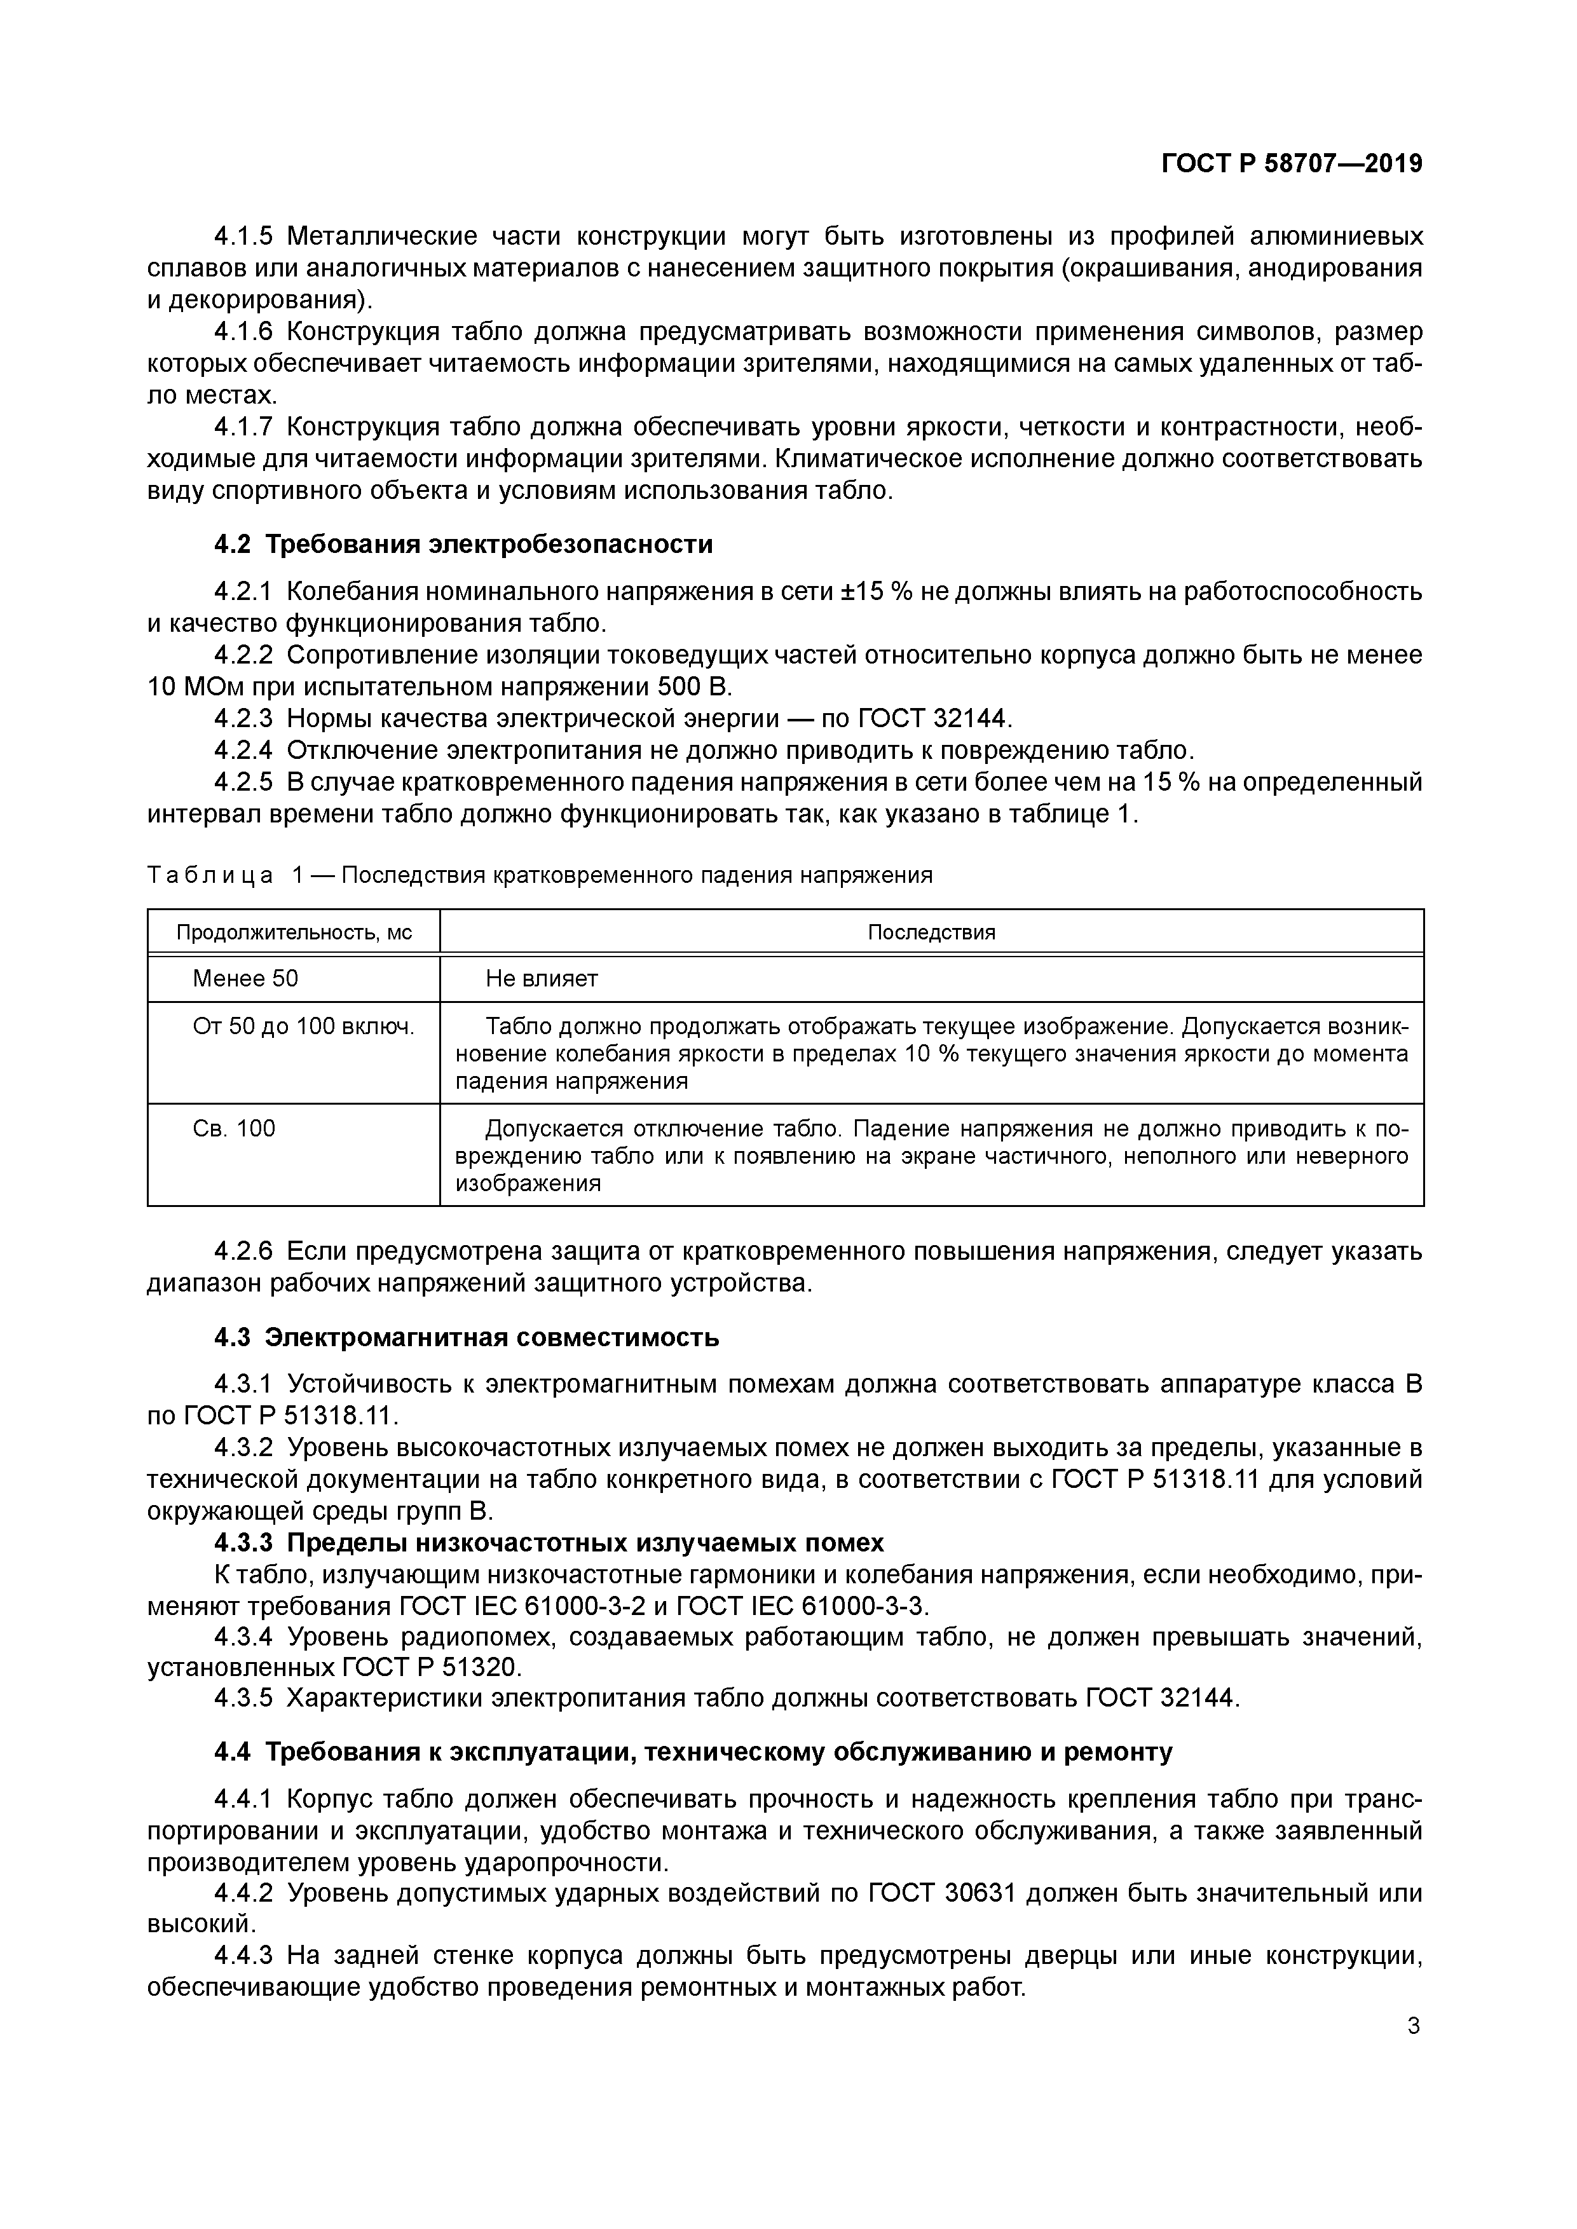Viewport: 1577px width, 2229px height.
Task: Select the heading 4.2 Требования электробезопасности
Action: click(463, 545)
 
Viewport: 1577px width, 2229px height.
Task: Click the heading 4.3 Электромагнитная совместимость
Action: click(466, 1338)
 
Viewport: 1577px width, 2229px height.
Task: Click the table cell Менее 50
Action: click(246, 979)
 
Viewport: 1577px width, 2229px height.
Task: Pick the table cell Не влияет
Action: click(542, 979)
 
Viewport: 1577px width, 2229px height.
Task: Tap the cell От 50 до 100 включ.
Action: click(303, 1026)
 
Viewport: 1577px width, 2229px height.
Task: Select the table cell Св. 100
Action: click(234, 1128)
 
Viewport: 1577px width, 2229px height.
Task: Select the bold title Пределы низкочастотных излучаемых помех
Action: click(587, 1543)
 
